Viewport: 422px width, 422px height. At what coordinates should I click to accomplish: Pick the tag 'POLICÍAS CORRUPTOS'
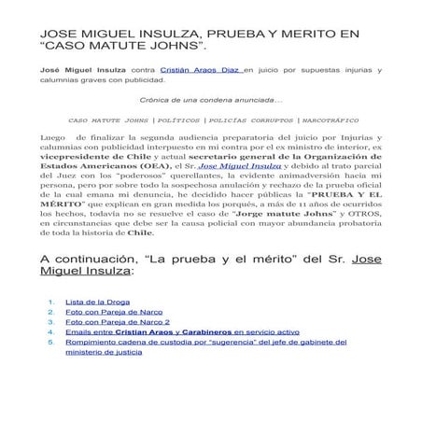[249, 120]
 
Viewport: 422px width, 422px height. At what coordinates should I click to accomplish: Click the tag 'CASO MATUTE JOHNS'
[108, 120]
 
